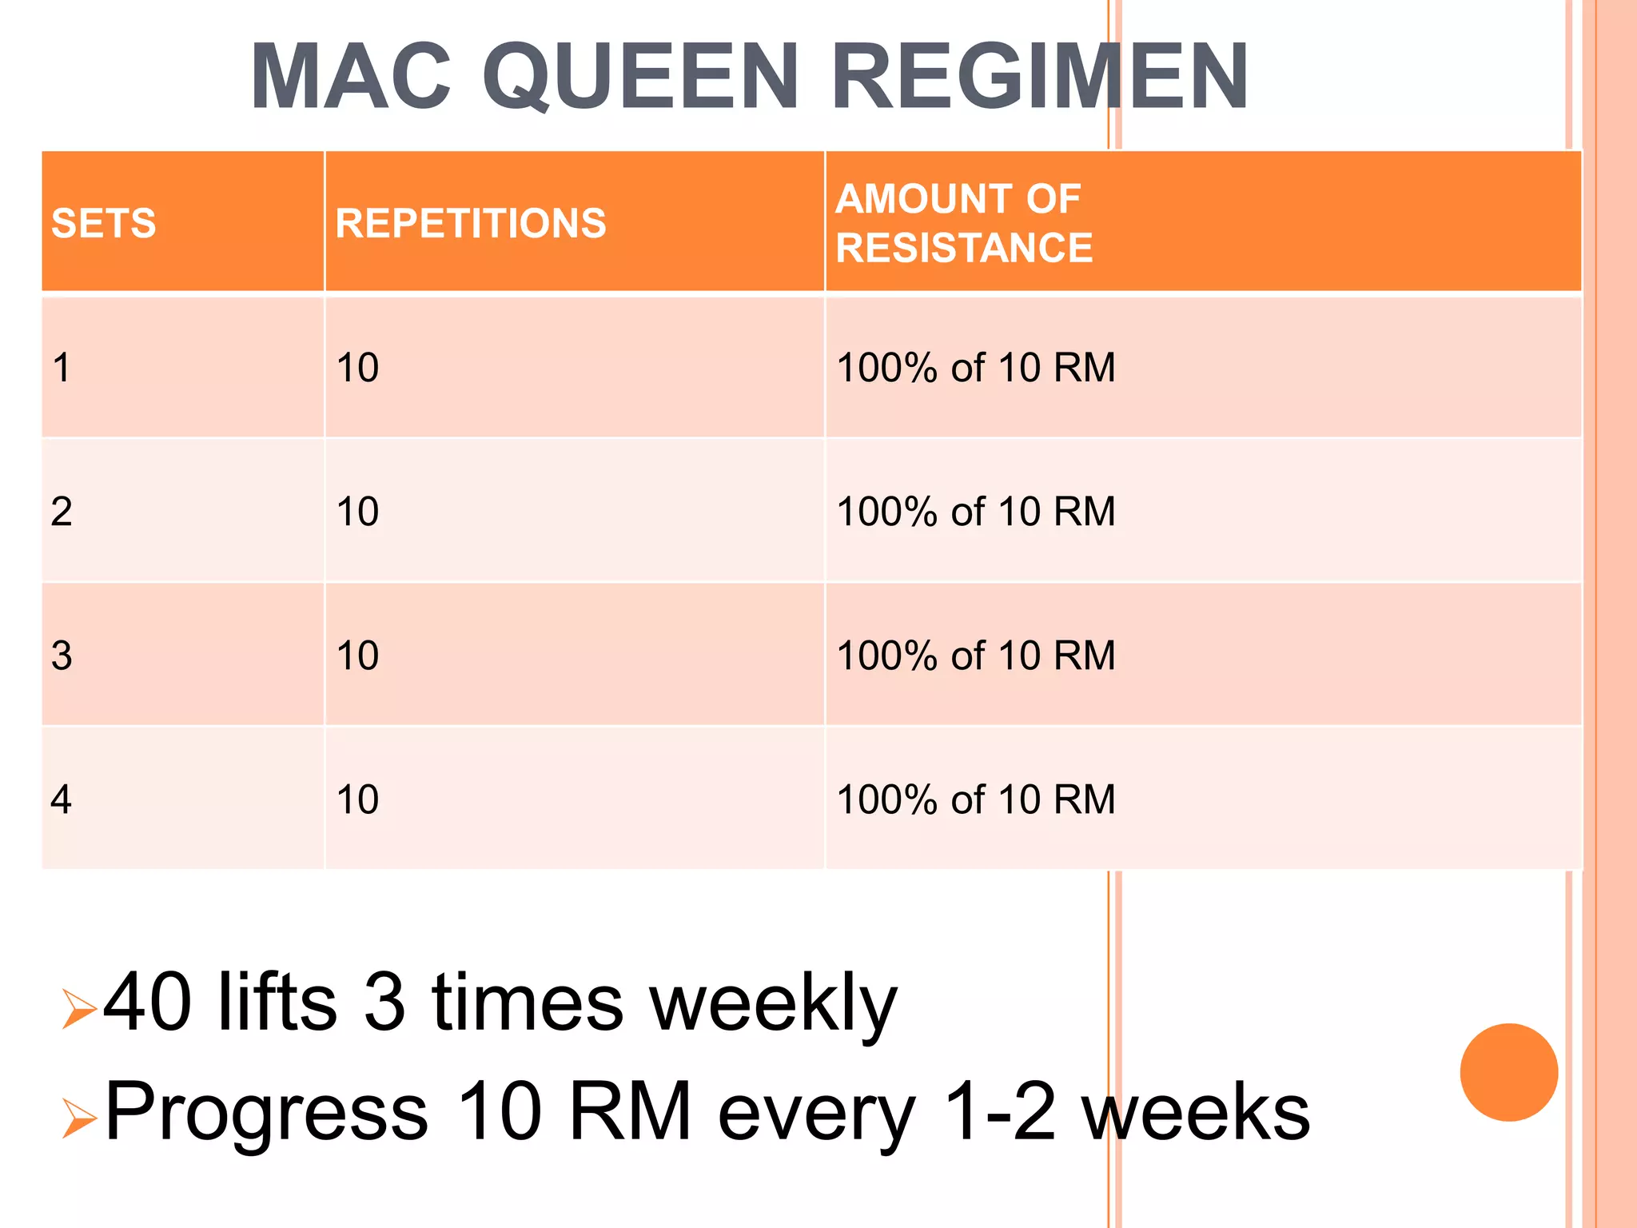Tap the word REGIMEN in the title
tap(1039, 78)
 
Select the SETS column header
tap(104, 223)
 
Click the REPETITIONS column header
tap(471, 223)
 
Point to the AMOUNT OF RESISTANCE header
tap(964, 223)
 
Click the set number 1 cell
tap(62, 368)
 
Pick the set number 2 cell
tap(62, 512)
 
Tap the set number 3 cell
tap(62, 656)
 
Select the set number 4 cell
tap(62, 799)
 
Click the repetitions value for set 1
tap(357, 368)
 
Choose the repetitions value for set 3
tap(357, 656)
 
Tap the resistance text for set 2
tap(975, 512)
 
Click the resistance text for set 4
tap(975, 799)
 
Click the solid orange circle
tap(1508, 1072)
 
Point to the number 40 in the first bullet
tap(148, 1002)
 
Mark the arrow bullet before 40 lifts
tap(79, 1009)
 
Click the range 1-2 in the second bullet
tap(999, 1111)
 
